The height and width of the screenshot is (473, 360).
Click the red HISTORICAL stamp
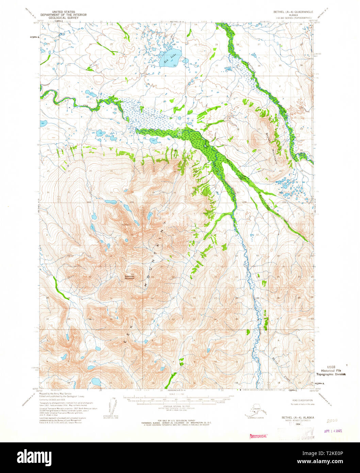coord(258,436)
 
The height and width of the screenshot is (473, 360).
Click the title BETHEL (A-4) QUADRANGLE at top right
coord(293,12)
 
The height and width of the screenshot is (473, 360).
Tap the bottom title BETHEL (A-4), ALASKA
coord(297,417)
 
